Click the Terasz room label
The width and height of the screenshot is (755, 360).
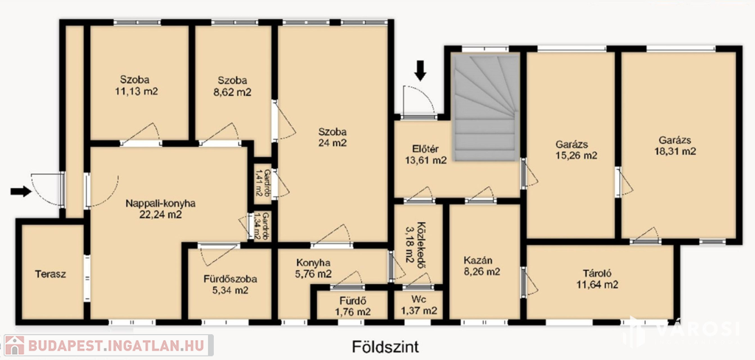51,274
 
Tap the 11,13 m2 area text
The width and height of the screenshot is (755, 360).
136,92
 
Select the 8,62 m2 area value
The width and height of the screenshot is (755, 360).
233,92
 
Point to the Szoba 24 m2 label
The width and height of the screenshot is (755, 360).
333,136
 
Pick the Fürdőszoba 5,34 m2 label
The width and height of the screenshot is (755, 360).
230,284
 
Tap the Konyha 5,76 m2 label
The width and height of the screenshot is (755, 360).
313,269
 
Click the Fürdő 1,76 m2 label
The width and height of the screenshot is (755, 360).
353,306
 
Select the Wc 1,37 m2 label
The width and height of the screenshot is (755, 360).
419,305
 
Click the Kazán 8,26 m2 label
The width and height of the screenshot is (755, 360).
481,266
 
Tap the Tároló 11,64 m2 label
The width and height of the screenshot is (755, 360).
597,279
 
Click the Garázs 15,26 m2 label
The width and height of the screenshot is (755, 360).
577,150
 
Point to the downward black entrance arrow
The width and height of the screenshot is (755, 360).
421,70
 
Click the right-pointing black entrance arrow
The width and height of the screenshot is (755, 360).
21,191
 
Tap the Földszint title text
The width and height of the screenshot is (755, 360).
383,347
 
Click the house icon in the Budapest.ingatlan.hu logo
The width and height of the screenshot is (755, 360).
15,345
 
